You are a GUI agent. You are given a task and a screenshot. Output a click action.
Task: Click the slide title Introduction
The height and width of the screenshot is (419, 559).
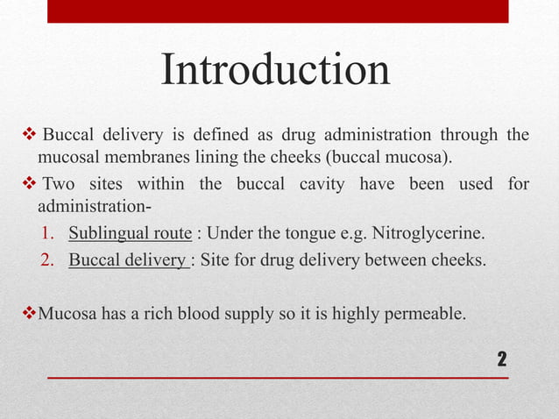(x=275, y=70)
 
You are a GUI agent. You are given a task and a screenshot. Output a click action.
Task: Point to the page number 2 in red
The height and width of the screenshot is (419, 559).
(x=502, y=359)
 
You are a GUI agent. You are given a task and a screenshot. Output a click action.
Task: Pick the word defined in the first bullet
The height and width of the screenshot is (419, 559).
(x=214, y=135)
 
